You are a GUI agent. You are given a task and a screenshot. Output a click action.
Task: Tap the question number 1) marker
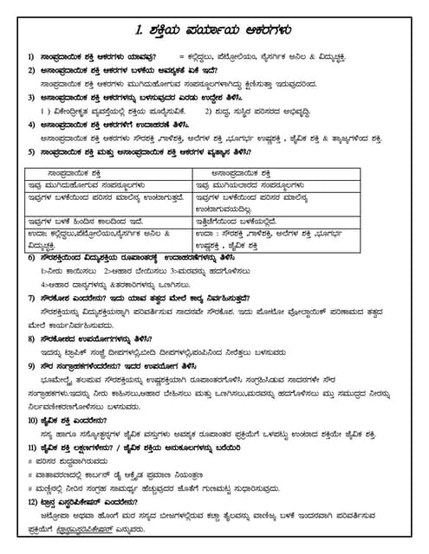click(x=30, y=55)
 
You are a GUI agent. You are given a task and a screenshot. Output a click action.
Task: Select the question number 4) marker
click(x=30, y=124)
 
